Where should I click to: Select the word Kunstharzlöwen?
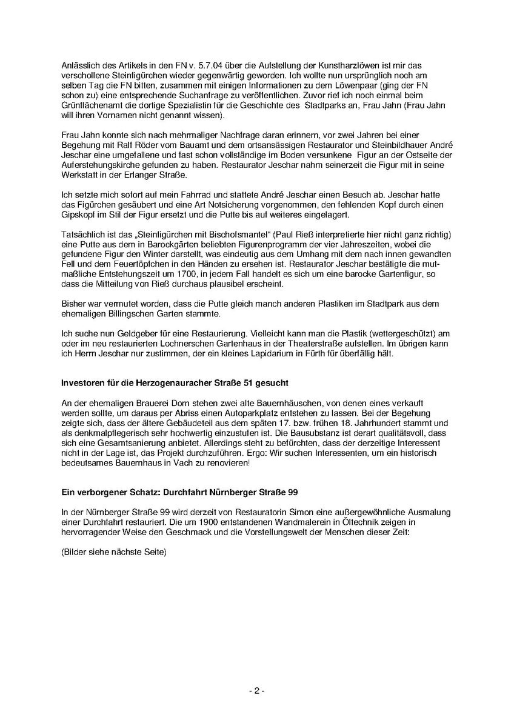coord(340,64)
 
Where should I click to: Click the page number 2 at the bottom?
coord(257,691)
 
